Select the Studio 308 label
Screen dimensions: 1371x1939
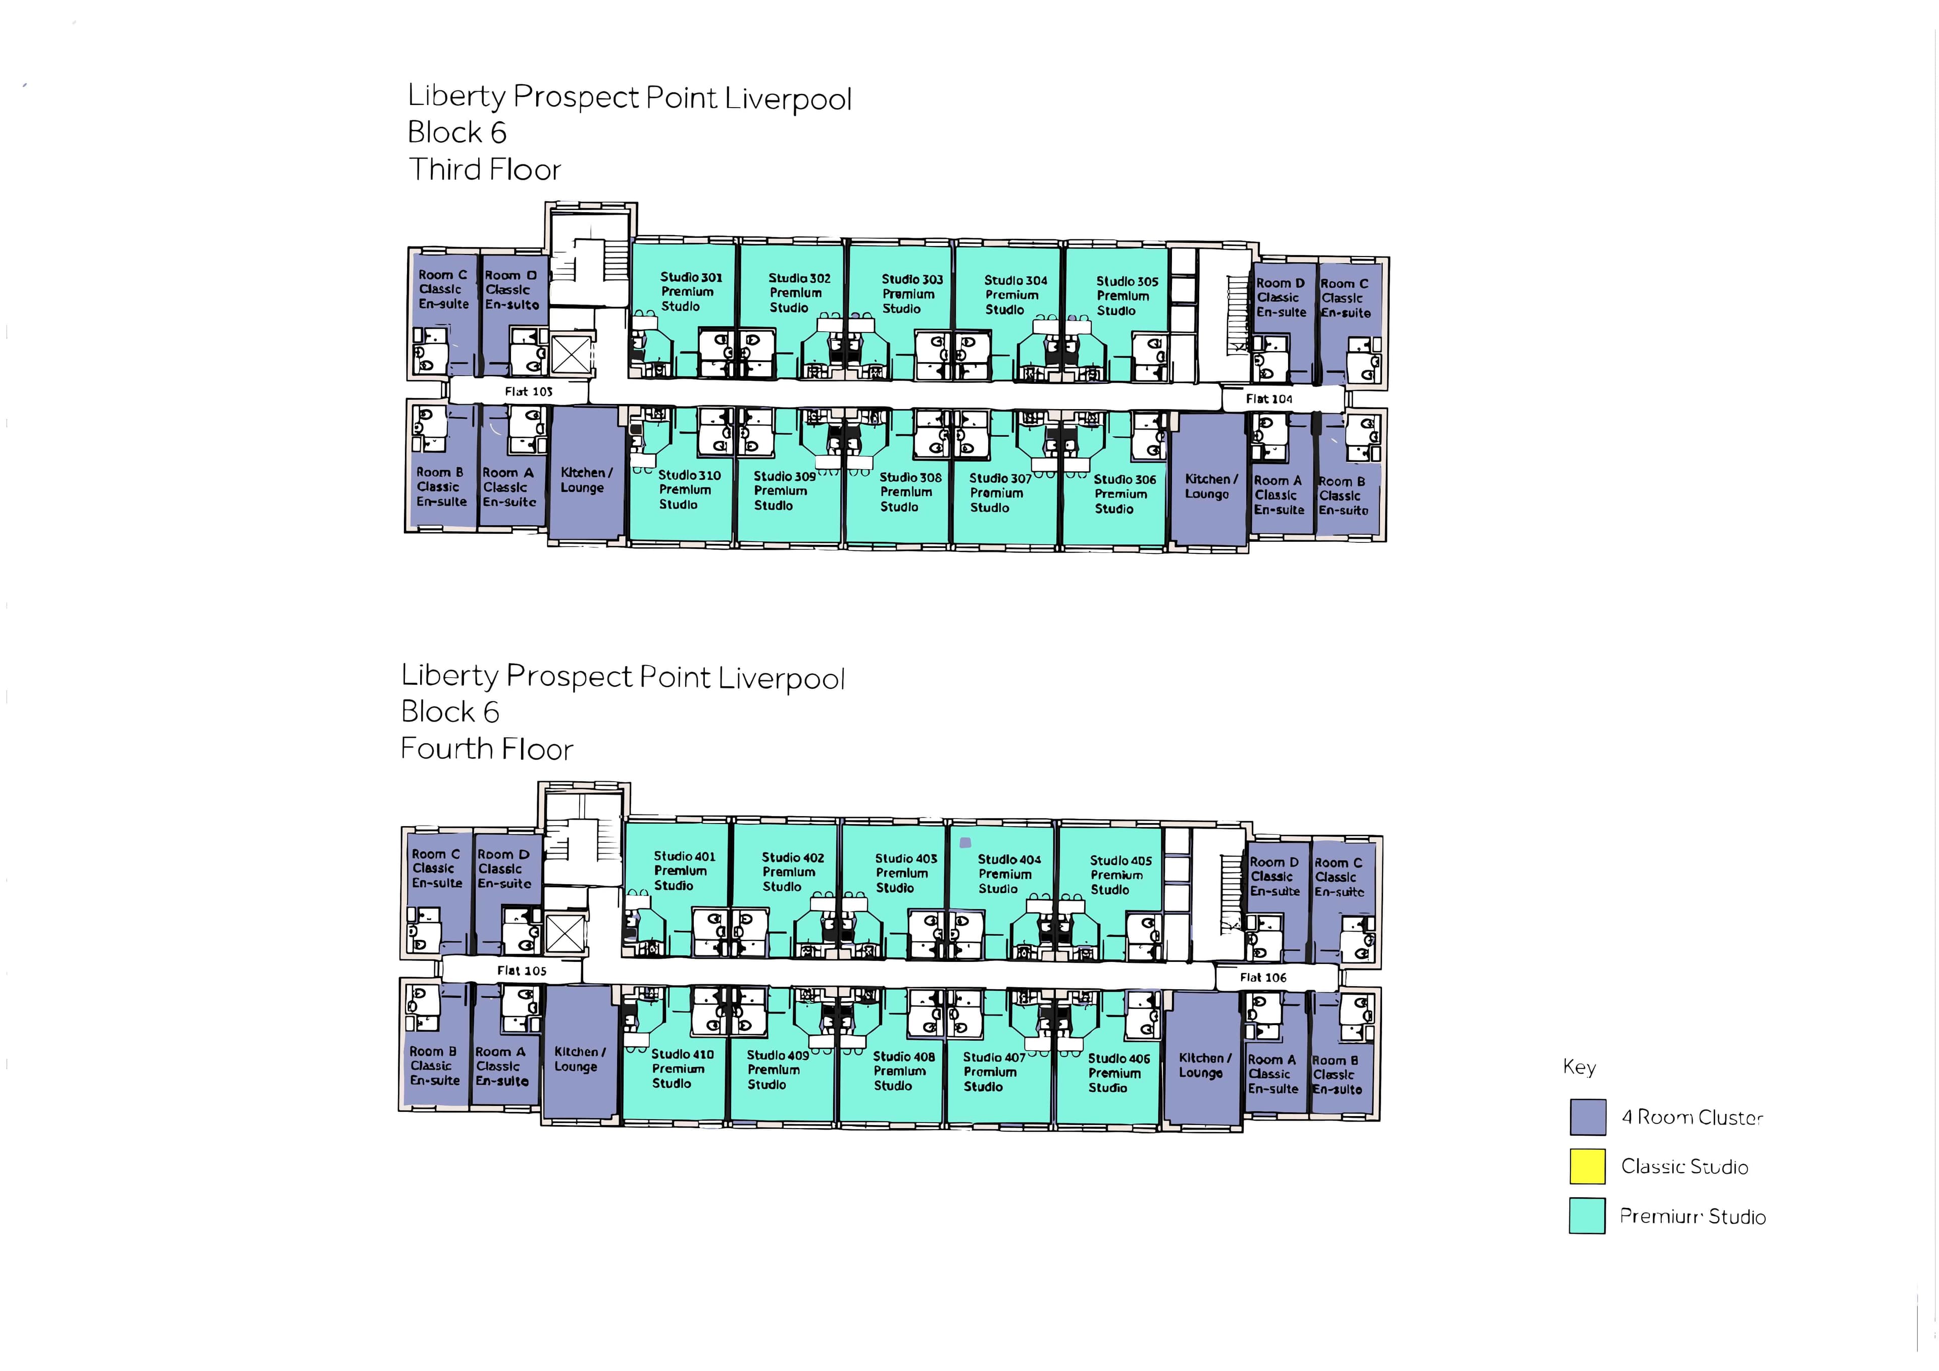pos(909,492)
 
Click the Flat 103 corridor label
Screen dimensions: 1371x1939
pos(529,391)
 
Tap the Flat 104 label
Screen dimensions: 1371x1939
pos(1268,399)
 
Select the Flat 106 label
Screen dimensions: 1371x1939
pos(1262,977)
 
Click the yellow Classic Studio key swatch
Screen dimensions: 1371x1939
pos(1587,1166)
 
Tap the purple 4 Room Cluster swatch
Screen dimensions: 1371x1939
pos(1587,1116)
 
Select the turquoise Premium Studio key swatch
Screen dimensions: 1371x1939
pos(1587,1216)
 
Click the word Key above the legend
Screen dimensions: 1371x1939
pos(1578,1067)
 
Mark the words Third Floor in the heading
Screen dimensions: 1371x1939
pos(485,170)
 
